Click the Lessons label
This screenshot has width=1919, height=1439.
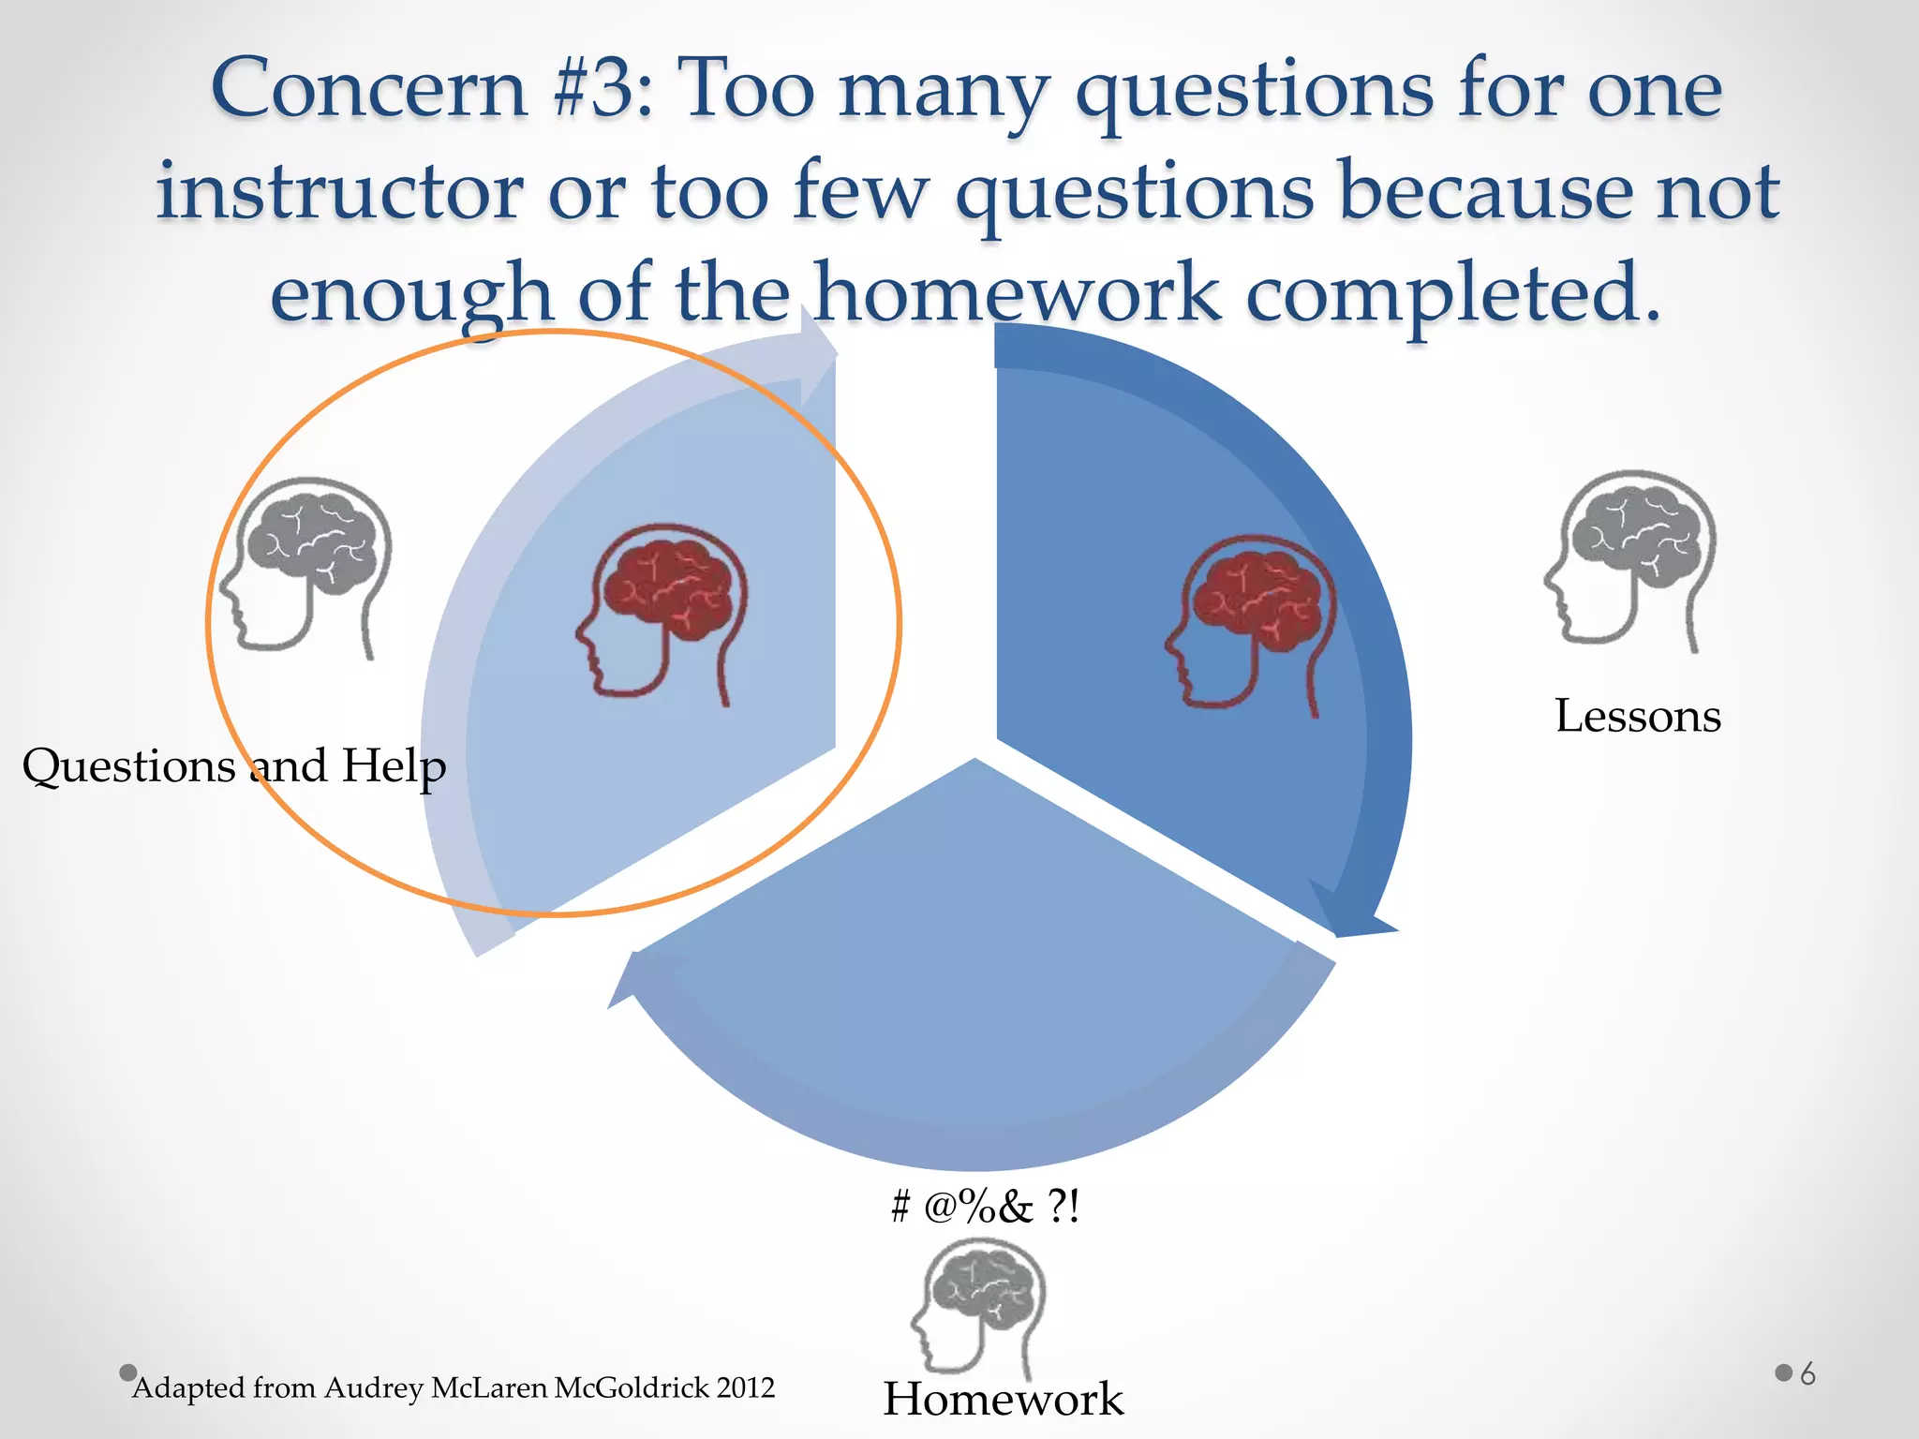pyautogui.click(x=1638, y=717)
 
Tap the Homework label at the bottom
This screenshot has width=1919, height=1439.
pyautogui.click(x=1003, y=1400)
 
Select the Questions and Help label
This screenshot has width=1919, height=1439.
pyautogui.click(x=234, y=766)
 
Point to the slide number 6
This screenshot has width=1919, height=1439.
pyautogui.click(x=1807, y=1374)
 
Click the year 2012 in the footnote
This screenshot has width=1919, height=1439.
pyautogui.click(x=746, y=1388)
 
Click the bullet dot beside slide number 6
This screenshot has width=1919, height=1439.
pyautogui.click(x=1783, y=1373)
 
